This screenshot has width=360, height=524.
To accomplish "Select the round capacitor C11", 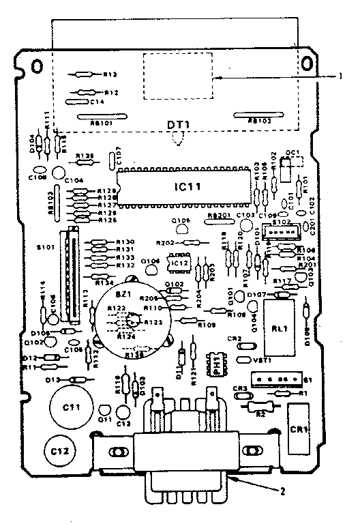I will coord(67,408).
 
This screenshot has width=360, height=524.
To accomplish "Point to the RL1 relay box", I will coord(277,327).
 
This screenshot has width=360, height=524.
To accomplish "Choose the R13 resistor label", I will coord(111,74).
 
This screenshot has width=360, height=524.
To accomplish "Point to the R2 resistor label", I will coord(259,413).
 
